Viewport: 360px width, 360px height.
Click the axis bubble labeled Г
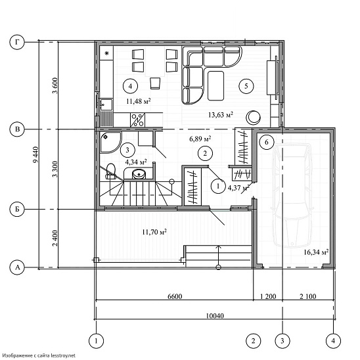click(17, 43)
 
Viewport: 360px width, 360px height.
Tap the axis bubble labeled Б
click(17, 209)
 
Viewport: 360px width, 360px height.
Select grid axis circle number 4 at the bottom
click(333, 341)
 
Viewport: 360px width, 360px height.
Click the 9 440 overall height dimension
click(35, 155)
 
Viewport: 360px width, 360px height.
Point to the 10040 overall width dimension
click(214, 316)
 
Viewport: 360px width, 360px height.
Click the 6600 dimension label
click(175, 296)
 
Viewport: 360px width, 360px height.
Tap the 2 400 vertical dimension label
click(55, 238)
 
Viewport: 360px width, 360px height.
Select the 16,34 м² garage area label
click(316, 252)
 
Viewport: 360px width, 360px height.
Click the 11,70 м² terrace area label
click(154, 232)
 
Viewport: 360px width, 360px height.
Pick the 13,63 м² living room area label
click(221, 114)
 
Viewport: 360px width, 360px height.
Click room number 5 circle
click(246, 86)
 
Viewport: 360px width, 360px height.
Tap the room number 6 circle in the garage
click(267, 142)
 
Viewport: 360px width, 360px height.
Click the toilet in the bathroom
click(110, 171)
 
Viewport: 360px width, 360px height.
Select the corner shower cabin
click(110, 142)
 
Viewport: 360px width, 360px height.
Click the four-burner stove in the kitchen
click(137, 120)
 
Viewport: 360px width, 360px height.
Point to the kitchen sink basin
click(106, 104)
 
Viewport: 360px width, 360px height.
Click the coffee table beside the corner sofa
click(215, 85)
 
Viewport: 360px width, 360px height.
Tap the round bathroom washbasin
click(139, 174)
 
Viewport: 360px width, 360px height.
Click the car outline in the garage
click(292, 195)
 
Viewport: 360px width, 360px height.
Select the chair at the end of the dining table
click(155, 83)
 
